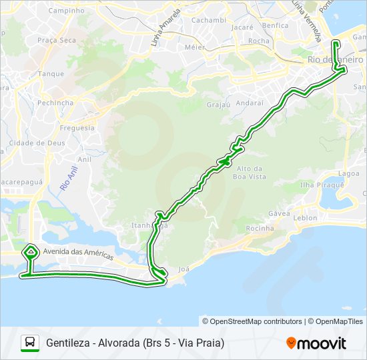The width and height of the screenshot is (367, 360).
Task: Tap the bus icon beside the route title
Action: tap(30, 343)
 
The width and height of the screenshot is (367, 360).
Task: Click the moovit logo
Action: tap(316, 343)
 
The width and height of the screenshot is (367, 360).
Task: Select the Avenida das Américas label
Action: tap(78, 253)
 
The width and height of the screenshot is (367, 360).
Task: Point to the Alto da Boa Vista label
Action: tap(250, 172)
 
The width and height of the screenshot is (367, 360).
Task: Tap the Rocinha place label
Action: tap(260, 228)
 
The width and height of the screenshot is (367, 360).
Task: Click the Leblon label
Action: tap(305, 217)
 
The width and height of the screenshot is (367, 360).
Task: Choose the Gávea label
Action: tap(279, 213)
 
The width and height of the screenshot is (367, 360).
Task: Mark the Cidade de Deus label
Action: tap(36, 143)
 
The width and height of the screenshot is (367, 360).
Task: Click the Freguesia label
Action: tap(77, 127)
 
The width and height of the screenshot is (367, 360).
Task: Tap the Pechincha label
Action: tap(55, 103)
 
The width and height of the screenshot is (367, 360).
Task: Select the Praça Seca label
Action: tap(57, 40)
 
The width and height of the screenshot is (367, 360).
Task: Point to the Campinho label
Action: tap(67, 11)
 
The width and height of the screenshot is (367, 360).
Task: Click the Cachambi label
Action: tap(209, 20)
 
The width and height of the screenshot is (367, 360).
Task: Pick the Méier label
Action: tap(194, 47)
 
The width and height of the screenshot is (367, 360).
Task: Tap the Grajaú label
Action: tap(218, 105)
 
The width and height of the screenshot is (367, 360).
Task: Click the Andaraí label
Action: tap(250, 103)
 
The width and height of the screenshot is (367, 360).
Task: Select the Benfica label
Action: tap(276, 25)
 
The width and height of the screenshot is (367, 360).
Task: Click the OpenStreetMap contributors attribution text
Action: tap(252, 321)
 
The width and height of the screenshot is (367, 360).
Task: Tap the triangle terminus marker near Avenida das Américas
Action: tap(30, 251)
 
